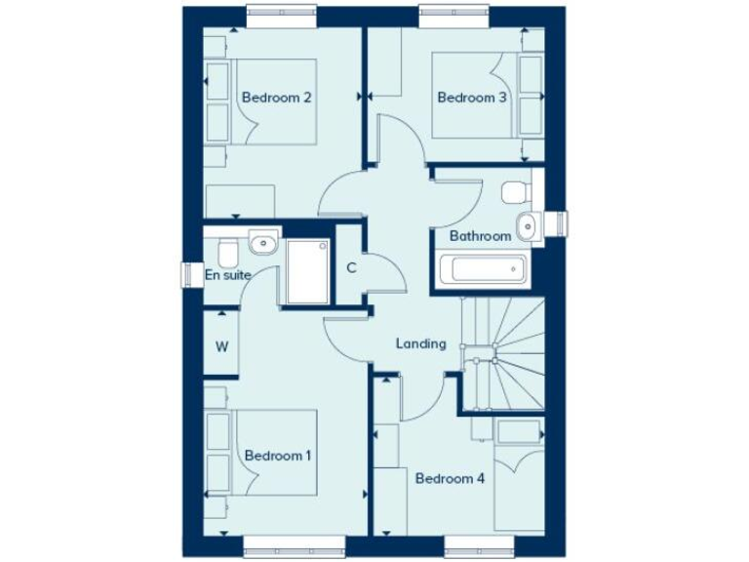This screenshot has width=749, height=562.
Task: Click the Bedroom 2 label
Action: pyautogui.click(x=277, y=98)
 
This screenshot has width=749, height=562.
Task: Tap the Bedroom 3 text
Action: pyautogui.click(x=472, y=98)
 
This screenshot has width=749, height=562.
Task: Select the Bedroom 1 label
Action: pyautogui.click(x=278, y=456)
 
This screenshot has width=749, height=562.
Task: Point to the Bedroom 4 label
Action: pyautogui.click(x=450, y=478)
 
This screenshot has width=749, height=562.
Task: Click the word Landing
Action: pyautogui.click(x=421, y=343)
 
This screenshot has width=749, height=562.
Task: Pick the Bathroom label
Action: pyautogui.click(x=480, y=236)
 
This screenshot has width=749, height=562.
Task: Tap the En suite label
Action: pyautogui.click(x=227, y=275)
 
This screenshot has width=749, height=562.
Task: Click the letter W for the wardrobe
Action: pyautogui.click(x=221, y=345)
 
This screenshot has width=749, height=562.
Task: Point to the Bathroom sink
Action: pyautogui.click(x=528, y=225)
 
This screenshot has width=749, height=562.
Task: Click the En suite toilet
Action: pyautogui.click(x=225, y=253)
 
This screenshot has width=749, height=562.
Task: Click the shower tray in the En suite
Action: pyautogui.click(x=308, y=270)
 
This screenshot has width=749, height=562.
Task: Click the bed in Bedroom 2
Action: pyautogui.click(x=273, y=102)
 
